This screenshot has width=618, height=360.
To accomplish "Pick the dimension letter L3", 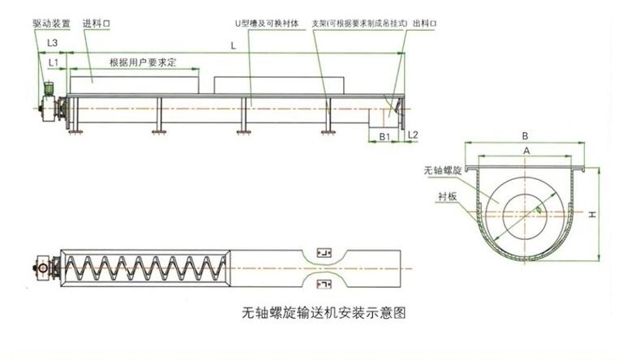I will click(x=52, y=41).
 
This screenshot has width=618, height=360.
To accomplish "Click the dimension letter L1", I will click(x=53, y=62).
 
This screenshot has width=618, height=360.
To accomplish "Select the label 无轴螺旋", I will click(x=442, y=172).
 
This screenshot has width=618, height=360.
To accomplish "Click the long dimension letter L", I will click(x=233, y=47).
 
